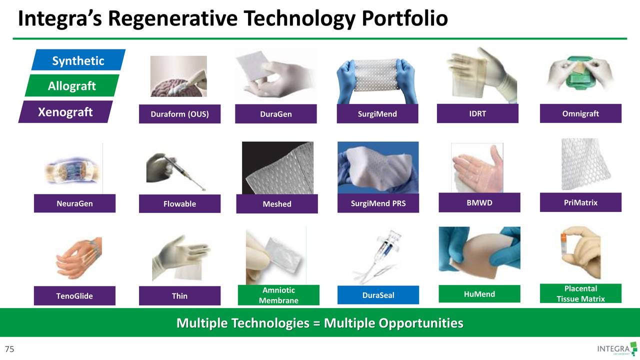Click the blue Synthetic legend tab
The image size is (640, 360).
(78, 60)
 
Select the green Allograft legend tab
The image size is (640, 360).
(72, 85)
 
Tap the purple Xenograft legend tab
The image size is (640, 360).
(65, 112)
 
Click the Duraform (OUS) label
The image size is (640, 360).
(179, 114)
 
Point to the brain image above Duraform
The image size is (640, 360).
(178, 76)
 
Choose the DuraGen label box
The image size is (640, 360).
(275, 114)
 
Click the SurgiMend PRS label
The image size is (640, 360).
(378, 203)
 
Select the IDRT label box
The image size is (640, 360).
(477, 113)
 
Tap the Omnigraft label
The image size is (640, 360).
(580, 113)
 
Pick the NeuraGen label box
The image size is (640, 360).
(74, 203)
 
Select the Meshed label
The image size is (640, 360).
(276, 204)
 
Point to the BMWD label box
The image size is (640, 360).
(479, 202)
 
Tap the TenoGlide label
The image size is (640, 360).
(74, 295)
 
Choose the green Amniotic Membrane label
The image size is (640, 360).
(278, 295)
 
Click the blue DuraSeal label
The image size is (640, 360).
(378, 295)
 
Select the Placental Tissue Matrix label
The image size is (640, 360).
(580, 293)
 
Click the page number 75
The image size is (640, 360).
(9, 349)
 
